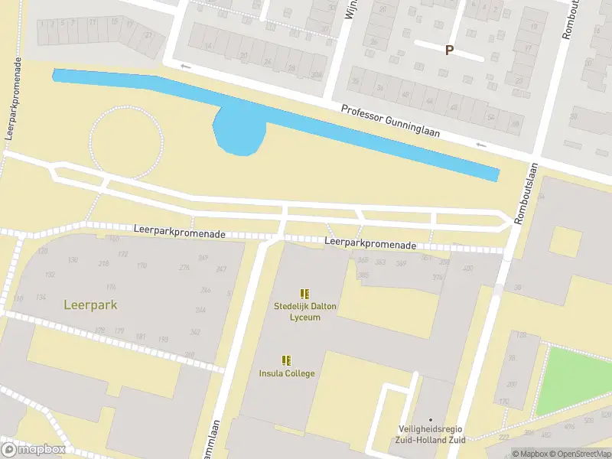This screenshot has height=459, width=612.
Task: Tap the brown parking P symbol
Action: click(449, 50)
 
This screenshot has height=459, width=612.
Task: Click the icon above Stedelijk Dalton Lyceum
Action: click(304, 294)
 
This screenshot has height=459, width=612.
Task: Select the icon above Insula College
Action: click(286, 360)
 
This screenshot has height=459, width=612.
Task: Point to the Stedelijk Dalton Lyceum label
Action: click(305, 311)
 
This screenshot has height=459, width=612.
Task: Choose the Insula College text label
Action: click(286, 373)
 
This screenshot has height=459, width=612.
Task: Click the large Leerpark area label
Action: click(90, 305)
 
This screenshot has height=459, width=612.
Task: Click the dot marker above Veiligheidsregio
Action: click(431, 419)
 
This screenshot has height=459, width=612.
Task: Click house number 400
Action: click(467, 269)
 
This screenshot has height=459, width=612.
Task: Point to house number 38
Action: click(517, 287)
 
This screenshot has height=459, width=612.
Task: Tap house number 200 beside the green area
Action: click(510, 385)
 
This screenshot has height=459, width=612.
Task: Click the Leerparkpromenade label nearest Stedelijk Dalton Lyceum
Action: click(369, 244)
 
